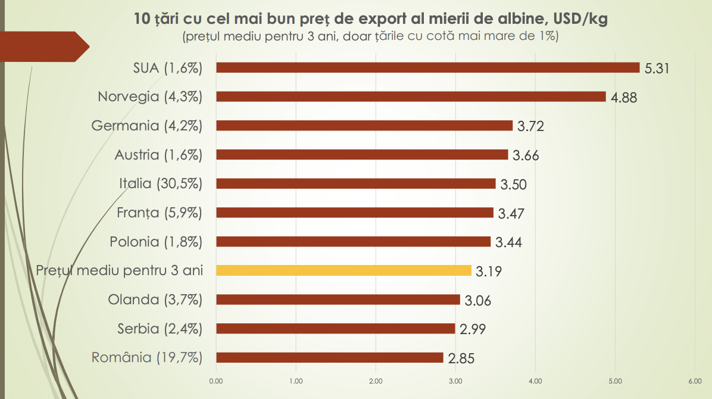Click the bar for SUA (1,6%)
tap(427, 67)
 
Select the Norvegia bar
tap(411, 96)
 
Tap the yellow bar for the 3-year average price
tap(343, 270)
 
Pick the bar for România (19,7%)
tap(330, 357)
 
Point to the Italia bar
tap(355, 183)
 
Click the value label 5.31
tap(658, 68)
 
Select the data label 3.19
tap(489, 272)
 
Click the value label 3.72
tap(530, 126)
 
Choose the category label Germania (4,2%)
tap(147, 126)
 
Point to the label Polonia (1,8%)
tap(156, 242)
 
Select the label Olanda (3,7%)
tap(155, 300)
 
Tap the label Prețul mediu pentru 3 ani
tap(120, 270)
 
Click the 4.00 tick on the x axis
tap(535, 381)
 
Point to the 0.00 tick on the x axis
tap(216, 381)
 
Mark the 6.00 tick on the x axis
tap(694, 381)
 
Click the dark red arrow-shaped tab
tap(42, 46)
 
